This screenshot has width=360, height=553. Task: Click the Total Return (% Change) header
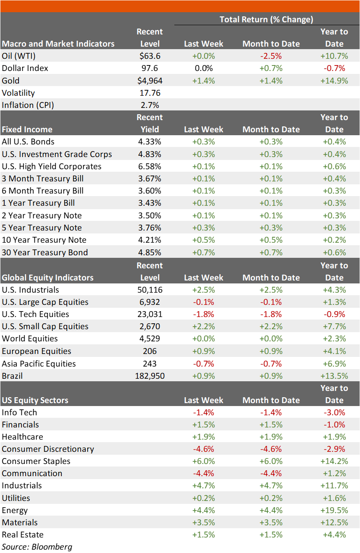266,19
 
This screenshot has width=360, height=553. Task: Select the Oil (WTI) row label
18,56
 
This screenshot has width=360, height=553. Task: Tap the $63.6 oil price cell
150,56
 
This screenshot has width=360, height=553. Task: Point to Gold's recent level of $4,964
150,81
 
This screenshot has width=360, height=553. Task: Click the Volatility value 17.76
150,93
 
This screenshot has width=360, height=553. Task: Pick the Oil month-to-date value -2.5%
271,56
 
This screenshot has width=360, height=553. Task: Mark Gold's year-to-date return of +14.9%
334,81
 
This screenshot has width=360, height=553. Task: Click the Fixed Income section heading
27,129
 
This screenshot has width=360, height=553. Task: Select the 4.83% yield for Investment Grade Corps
150,154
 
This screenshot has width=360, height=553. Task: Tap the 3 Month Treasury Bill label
42,178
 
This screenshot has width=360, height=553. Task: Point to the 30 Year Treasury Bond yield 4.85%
150,252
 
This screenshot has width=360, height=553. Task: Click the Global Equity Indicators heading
47,278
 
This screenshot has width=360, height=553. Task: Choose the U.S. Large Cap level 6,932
150,302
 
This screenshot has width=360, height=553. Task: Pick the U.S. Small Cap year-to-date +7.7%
334,326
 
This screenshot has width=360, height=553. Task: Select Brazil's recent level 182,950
150,376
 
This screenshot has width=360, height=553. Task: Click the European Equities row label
37,351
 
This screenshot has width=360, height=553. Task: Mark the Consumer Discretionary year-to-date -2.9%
334,449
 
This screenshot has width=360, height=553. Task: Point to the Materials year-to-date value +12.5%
334,522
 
